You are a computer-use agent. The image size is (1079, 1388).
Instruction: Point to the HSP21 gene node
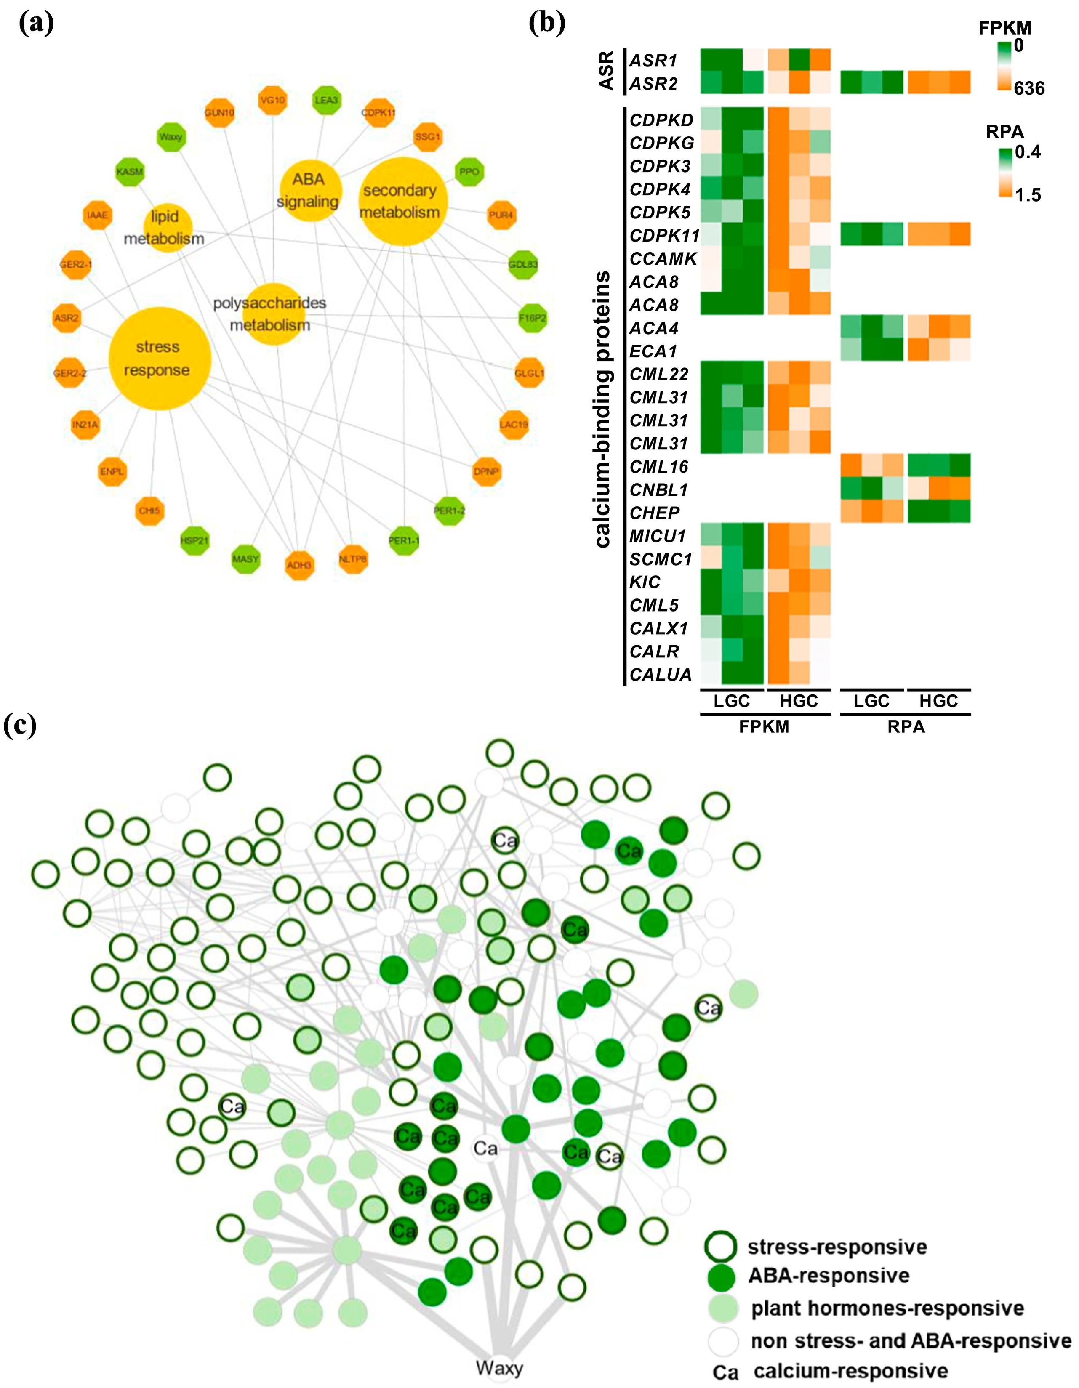[194, 540]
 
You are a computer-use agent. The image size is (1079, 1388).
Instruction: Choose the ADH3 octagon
[299, 564]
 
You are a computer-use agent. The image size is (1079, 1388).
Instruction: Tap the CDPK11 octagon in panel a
[378, 112]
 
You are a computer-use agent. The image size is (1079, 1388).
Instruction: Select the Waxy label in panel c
[499, 1368]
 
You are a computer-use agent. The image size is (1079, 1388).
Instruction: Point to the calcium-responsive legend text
[850, 1370]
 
